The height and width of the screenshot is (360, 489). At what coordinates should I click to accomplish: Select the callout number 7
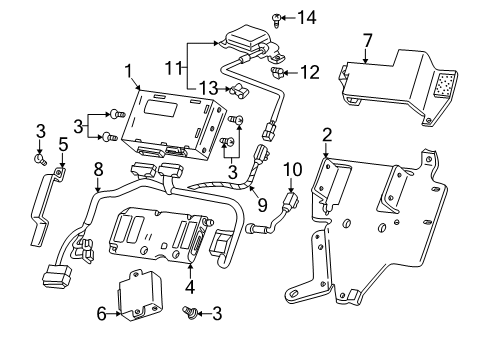click(367, 41)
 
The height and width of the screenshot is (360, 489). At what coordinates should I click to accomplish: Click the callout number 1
click(128, 69)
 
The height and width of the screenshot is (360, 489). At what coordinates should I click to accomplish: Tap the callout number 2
click(327, 135)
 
